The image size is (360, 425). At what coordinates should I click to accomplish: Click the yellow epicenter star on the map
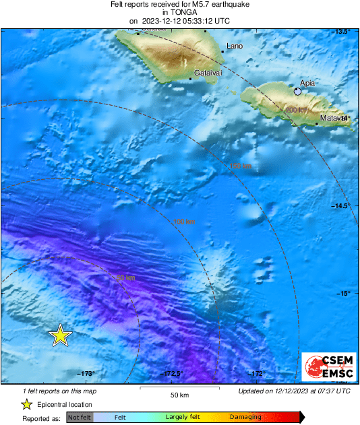61,335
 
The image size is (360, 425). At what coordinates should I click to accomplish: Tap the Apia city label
307,83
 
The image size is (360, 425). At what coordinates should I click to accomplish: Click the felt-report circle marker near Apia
297,91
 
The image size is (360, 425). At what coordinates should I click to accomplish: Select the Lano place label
235,46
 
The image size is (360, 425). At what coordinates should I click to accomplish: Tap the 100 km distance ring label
185,222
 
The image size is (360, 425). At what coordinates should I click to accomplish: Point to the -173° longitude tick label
86,374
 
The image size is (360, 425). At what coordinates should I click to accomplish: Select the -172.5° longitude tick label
173,374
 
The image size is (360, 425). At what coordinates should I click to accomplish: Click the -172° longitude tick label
256,374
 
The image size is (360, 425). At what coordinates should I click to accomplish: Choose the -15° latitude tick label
344,293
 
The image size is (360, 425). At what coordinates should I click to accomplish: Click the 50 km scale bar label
179,395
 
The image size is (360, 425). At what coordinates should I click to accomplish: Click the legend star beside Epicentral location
26,404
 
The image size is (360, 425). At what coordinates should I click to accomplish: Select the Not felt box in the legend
80,418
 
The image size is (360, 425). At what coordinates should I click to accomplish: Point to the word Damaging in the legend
245,418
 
